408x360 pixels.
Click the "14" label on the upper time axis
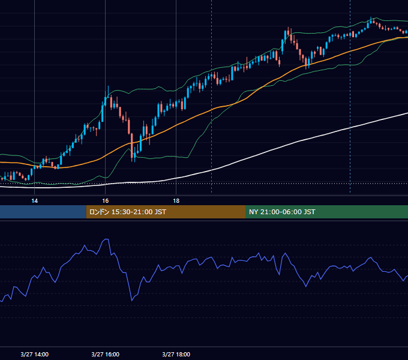tap(34, 201)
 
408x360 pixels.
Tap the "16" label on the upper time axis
tap(106, 201)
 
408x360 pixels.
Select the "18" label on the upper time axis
tap(176, 201)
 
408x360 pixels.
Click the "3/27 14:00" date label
tap(35, 354)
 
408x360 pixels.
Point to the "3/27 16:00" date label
tap(106, 354)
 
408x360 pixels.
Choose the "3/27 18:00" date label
tap(176, 354)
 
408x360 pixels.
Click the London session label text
tap(127, 212)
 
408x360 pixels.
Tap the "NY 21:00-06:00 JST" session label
tap(282, 212)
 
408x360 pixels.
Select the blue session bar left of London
tap(43, 212)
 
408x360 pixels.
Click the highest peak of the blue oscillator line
tap(106, 239)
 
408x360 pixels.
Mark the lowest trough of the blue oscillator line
tap(132, 301)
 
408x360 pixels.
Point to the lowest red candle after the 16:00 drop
tap(132, 146)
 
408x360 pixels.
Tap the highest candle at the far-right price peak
tap(371, 20)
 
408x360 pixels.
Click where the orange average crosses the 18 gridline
tap(176, 125)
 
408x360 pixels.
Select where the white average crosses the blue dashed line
tap(350, 128)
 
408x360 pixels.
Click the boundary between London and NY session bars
tap(245, 212)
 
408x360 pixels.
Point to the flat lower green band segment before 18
tap(161, 157)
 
